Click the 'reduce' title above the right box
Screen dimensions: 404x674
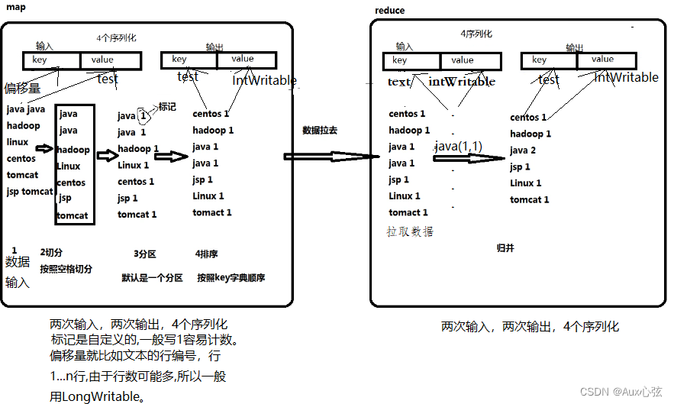pyautogui.click(x=390, y=10)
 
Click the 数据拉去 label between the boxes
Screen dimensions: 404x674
pyautogui.click(x=320, y=131)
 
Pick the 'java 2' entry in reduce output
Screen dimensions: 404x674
pyautogui.click(x=523, y=150)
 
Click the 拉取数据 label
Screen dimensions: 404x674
pyautogui.click(x=410, y=231)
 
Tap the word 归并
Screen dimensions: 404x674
pyautogui.click(x=505, y=248)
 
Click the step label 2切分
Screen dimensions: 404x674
pyautogui.click(x=52, y=253)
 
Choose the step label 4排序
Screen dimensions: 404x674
pyautogui.click(x=207, y=254)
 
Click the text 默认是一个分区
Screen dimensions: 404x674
pyautogui.click(x=152, y=277)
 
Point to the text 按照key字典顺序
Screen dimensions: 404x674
pyautogui.click(x=231, y=277)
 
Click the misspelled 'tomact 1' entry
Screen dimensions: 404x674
pyautogui.click(x=212, y=212)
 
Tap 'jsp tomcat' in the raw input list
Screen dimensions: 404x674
pyautogui.click(x=30, y=192)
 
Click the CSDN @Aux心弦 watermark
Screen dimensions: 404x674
pyautogui.click(x=621, y=391)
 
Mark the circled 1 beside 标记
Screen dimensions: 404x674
pyautogui.click(x=143, y=115)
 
